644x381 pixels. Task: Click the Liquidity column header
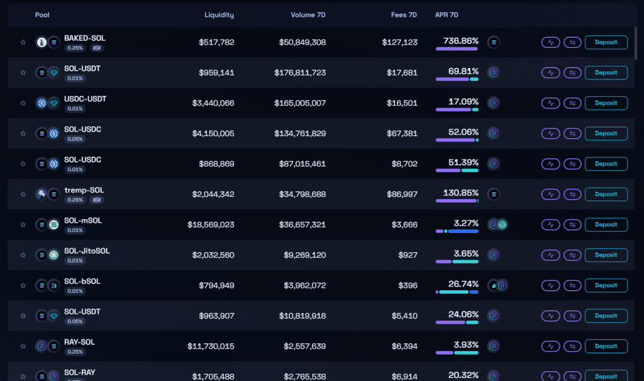(219, 14)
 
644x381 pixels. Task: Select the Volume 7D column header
(308, 14)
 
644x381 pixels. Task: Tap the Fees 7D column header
(404, 14)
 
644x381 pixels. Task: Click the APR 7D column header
(447, 14)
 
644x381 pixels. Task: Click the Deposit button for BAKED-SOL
(606, 42)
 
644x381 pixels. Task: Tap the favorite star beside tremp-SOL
(23, 194)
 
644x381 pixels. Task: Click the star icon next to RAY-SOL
(23, 346)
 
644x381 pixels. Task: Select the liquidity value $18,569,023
(211, 224)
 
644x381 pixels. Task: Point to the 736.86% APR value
(461, 40)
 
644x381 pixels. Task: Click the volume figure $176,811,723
(300, 72)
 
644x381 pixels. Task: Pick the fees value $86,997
(400, 194)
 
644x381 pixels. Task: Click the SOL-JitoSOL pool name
(87, 251)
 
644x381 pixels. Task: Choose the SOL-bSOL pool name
(82, 281)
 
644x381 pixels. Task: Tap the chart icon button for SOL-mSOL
(550, 224)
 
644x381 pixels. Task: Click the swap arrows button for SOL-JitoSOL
(572, 255)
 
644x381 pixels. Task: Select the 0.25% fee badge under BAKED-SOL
(75, 48)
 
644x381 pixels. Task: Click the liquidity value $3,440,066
(213, 103)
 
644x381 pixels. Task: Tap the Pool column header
(42, 14)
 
